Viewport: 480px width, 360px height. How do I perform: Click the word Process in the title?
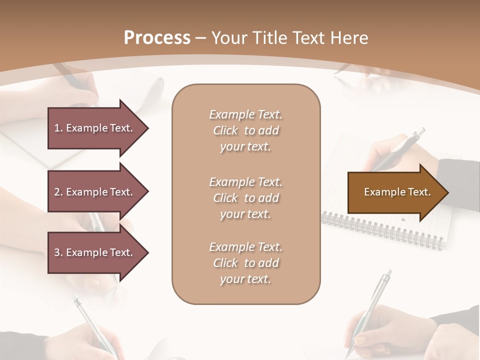tap(157, 38)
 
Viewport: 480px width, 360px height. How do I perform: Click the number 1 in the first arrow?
tap(57, 128)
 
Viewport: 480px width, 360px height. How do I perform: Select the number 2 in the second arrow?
tap(57, 192)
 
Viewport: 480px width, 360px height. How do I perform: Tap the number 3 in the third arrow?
tap(57, 252)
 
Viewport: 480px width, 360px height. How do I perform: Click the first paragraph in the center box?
tap(246, 130)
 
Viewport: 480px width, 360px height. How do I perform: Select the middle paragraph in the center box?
tap(246, 198)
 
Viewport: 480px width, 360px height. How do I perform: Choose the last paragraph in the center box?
tap(246, 263)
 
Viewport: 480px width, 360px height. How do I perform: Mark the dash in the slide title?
tap(201, 38)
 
